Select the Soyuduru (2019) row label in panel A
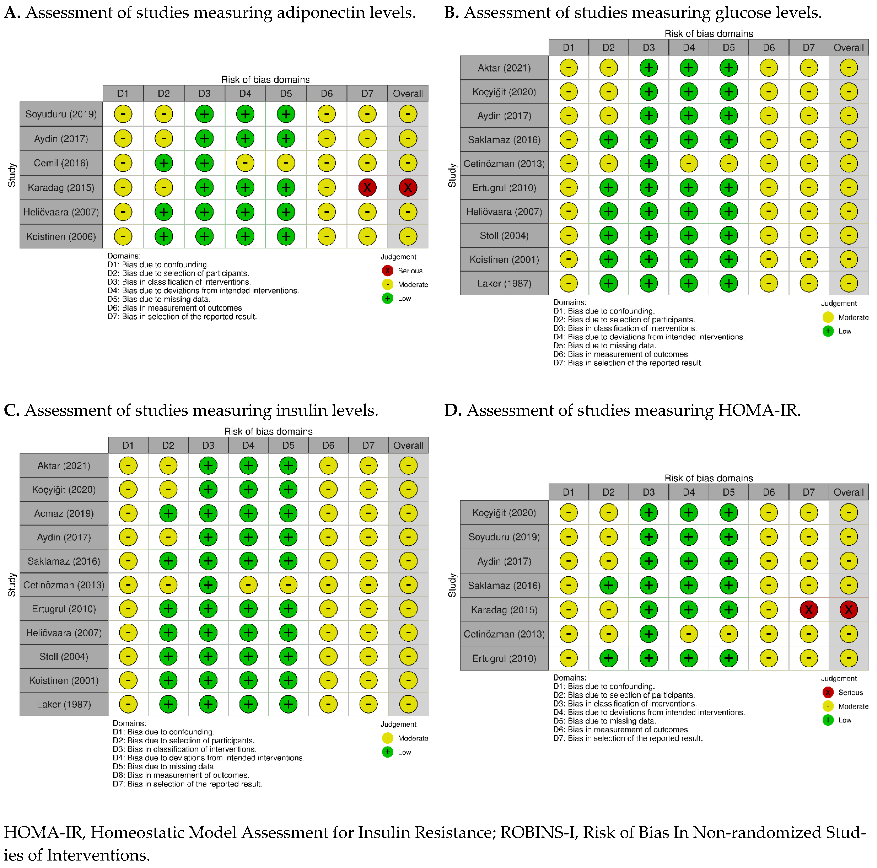[61, 114]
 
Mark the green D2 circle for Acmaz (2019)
[168, 513]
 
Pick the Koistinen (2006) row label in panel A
[61, 236]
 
